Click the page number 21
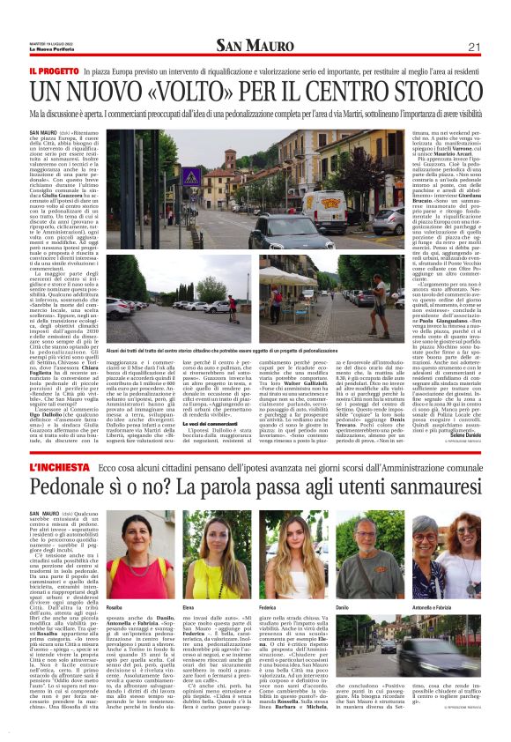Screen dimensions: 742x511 tap(473, 47)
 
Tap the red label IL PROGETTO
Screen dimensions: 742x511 tap(55, 68)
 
